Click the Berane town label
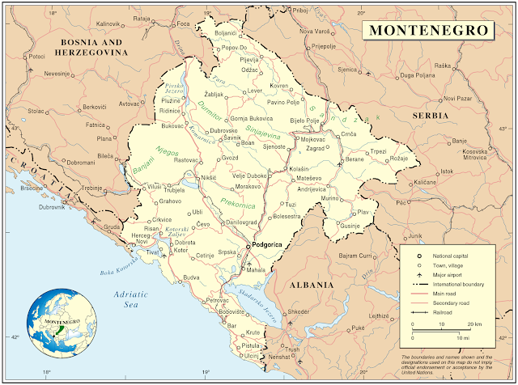(355, 160)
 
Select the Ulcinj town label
(251, 355)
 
